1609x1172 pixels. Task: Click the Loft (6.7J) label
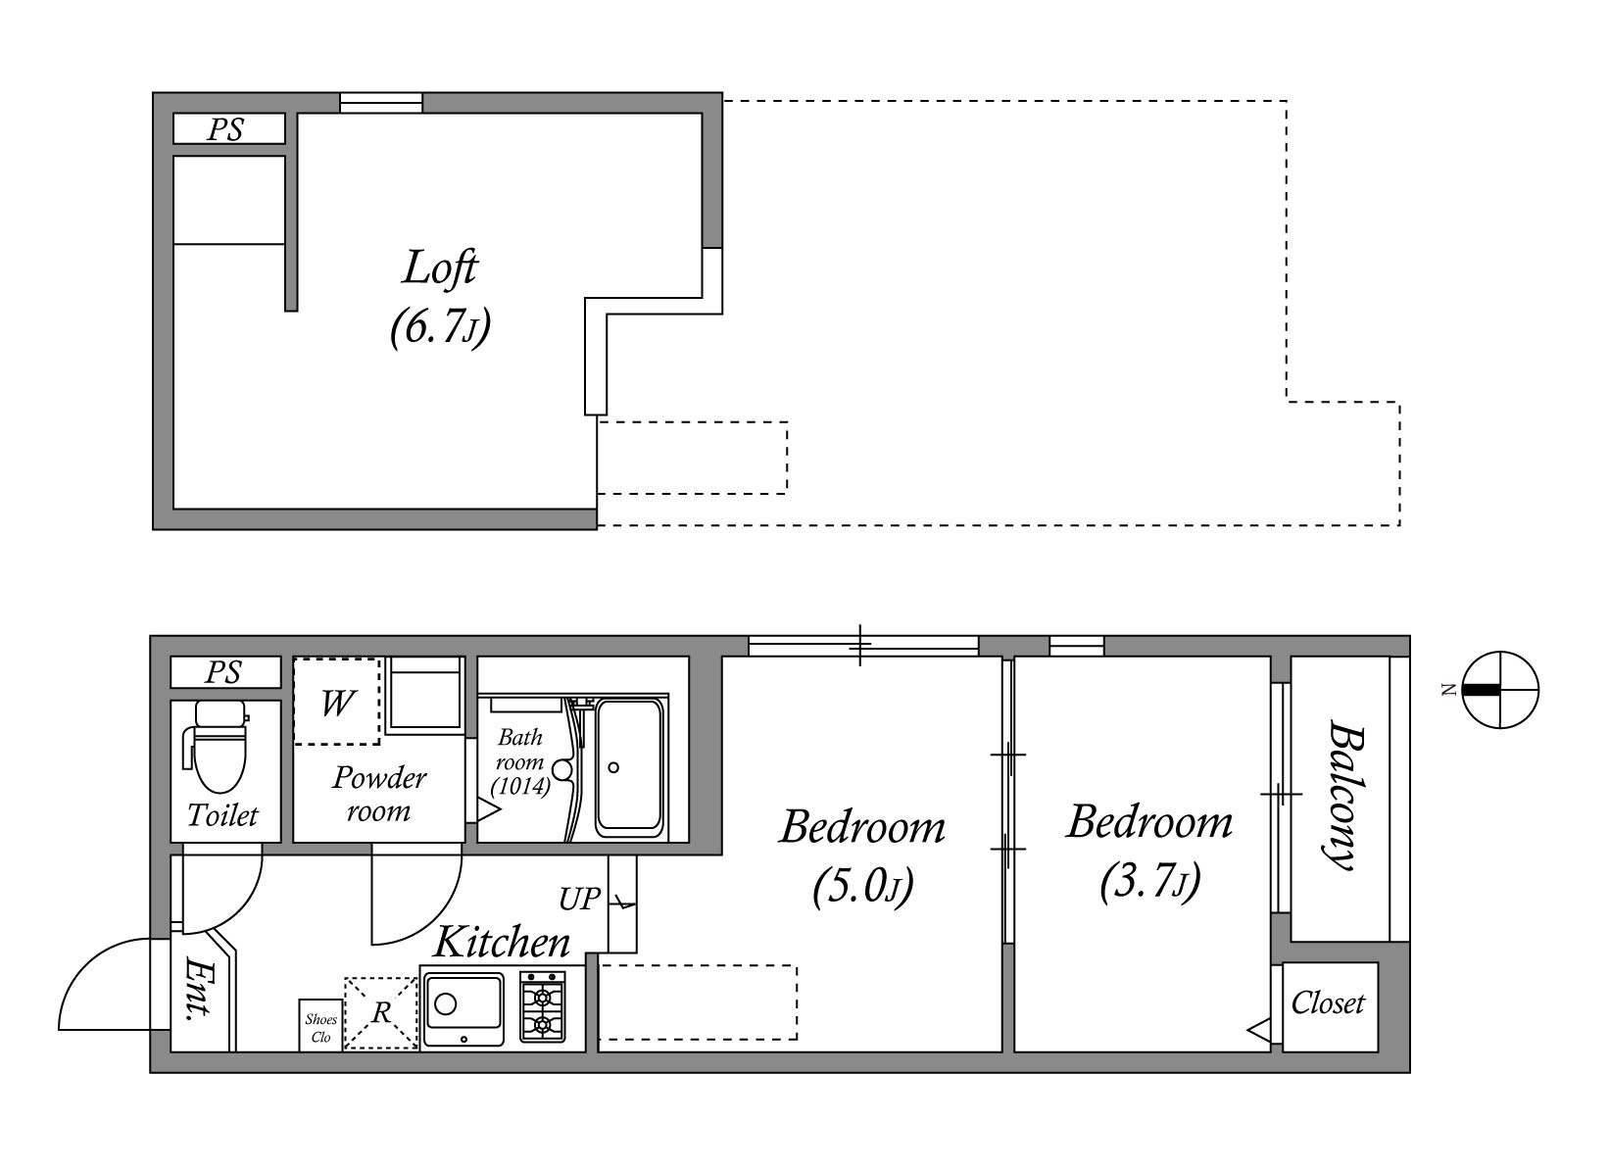click(440, 298)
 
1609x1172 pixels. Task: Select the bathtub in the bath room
click(630, 767)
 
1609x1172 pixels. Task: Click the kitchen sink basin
click(463, 1010)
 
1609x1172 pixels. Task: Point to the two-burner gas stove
click(542, 1006)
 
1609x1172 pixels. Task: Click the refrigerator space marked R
click(381, 1013)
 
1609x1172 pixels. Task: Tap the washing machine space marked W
click(337, 702)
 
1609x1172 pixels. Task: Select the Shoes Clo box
click(320, 1025)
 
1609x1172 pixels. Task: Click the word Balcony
click(1344, 795)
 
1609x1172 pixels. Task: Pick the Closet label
click(1328, 1003)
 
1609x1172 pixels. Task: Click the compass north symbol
click(1500, 690)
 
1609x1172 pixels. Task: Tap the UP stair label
click(580, 899)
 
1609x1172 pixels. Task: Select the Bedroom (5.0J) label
click(862, 857)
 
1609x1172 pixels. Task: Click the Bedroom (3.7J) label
click(1149, 852)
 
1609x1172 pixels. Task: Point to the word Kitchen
click(502, 942)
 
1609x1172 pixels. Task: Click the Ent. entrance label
click(199, 988)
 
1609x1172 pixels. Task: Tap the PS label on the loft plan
click(225, 129)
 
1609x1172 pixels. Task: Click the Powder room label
click(379, 794)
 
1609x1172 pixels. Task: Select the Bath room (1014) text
click(520, 762)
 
